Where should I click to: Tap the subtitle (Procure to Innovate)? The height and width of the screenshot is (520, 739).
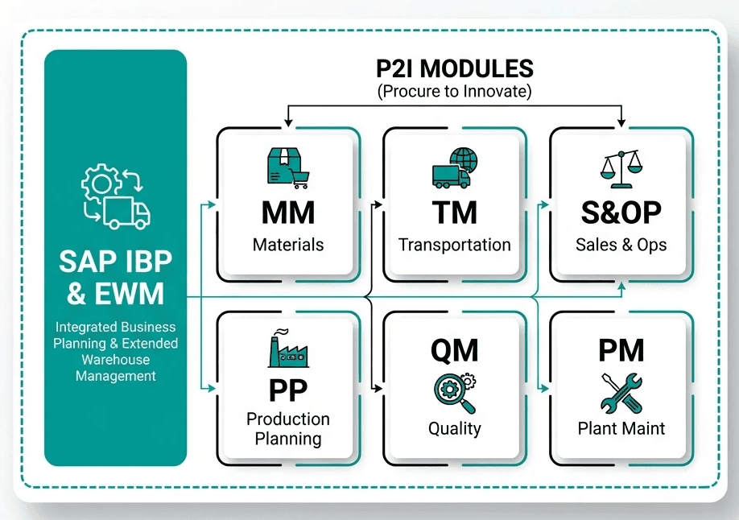tap(455, 91)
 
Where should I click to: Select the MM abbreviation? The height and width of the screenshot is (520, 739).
tap(287, 213)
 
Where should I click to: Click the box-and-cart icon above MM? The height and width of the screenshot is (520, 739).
tap(287, 168)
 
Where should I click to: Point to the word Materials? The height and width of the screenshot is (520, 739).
tap(287, 245)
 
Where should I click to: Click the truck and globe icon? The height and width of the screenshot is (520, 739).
tap(454, 168)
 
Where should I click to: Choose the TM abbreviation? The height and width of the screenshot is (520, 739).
tap(454, 213)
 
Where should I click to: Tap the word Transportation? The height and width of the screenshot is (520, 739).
tap(454, 245)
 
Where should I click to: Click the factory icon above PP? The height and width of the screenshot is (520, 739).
tap(288, 349)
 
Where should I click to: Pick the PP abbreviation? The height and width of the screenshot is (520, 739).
tap(288, 390)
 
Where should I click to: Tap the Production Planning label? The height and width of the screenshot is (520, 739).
tap(288, 429)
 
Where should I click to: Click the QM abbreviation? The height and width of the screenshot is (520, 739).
tap(454, 350)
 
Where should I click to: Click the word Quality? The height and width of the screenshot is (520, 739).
tap(454, 428)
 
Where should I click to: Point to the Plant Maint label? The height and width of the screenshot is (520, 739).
tap(621, 428)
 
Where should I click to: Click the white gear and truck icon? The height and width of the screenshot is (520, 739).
tap(116, 197)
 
